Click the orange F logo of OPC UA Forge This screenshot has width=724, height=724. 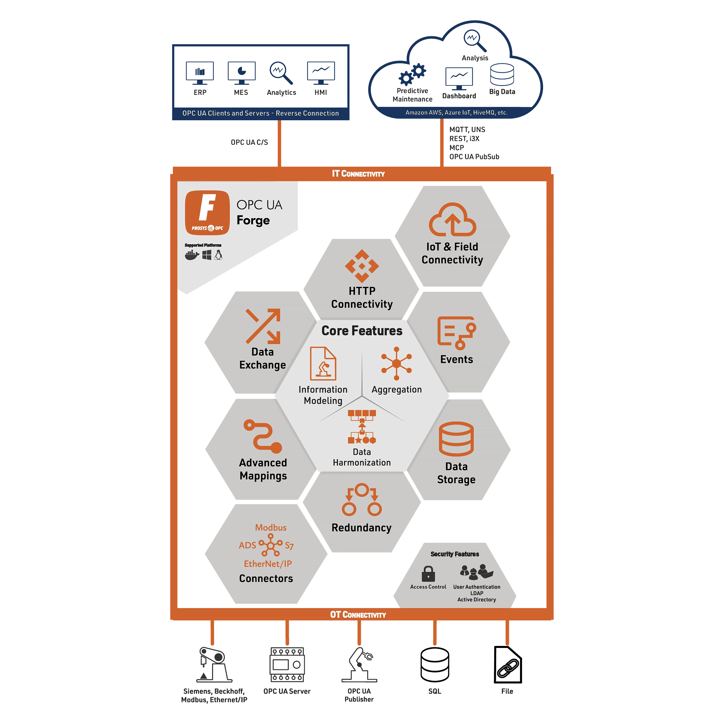click(207, 212)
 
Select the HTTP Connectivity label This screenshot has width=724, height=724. click(361, 298)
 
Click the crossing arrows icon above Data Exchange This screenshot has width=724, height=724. click(263, 326)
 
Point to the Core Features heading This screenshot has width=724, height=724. click(361, 331)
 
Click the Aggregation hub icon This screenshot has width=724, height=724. click(396, 363)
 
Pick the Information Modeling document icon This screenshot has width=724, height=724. click(323, 364)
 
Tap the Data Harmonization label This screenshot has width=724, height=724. click(361, 457)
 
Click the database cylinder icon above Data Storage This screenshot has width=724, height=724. click(456, 439)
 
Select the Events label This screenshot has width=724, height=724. click(456, 359)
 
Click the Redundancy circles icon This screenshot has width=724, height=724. click(361, 500)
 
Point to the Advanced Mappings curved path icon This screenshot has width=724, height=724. click(263, 436)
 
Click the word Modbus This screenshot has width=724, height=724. click(271, 528)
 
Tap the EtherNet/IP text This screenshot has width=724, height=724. click(268, 564)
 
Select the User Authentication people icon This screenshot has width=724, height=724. click(476, 572)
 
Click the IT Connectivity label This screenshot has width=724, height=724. click(358, 174)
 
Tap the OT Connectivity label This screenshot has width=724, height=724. click(358, 614)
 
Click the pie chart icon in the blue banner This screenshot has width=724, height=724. click(242, 71)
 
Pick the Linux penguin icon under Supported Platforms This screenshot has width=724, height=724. click(218, 255)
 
